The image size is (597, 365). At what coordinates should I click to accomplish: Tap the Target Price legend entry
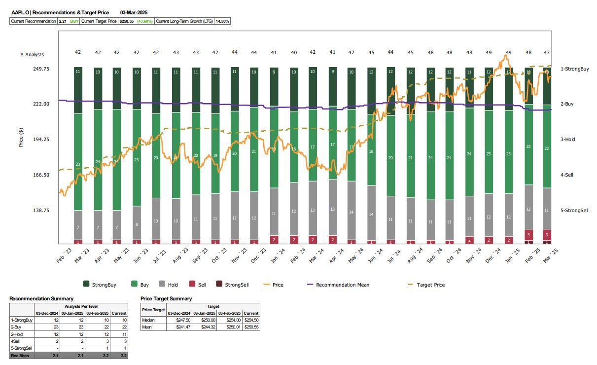pos(430,285)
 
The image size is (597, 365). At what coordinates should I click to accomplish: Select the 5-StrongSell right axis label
pos(574,211)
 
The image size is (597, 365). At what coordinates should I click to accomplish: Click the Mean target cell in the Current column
pos(250,327)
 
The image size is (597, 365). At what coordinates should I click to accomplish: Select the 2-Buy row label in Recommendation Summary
pos(17,327)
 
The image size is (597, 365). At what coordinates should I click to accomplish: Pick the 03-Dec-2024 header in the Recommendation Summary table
pos(47,313)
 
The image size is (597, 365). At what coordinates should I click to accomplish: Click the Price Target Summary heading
pos(166,298)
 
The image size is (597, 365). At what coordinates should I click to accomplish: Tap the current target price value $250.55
pos(127,21)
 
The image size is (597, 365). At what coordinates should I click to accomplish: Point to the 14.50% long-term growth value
pos(222,21)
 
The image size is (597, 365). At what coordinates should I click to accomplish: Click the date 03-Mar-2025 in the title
pos(134,12)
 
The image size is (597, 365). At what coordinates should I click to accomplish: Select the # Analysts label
pos(32,54)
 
